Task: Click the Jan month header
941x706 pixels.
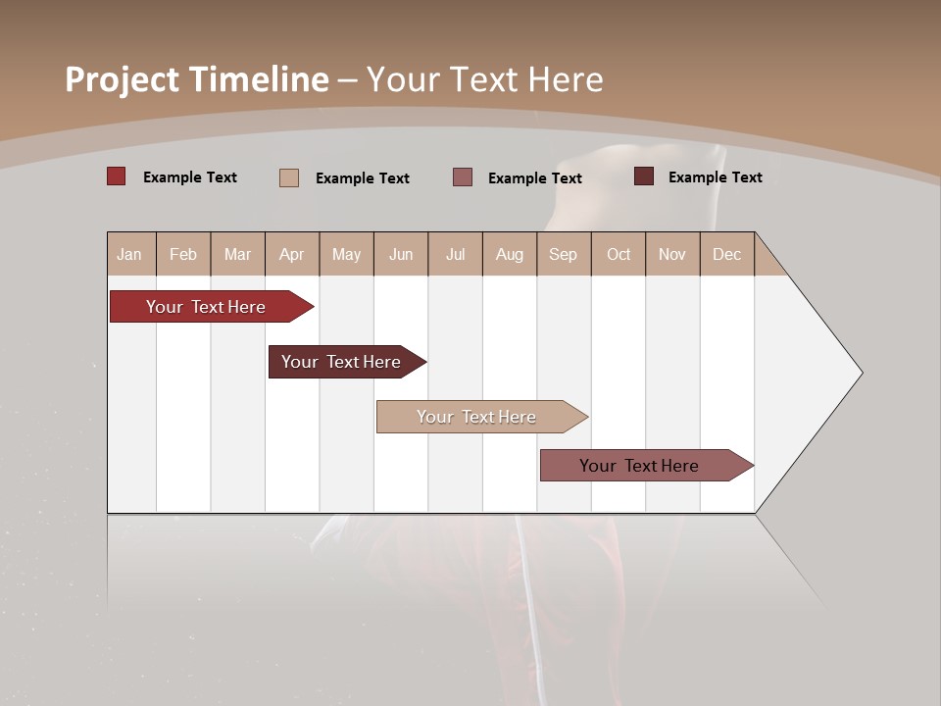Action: tap(129, 254)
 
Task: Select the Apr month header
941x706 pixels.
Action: tap(292, 254)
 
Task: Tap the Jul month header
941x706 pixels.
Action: tap(455, 254)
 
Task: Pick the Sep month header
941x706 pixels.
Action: tap(563, 254)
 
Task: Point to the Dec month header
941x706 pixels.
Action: tap(726, 254)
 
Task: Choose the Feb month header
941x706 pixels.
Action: tap(183, 254)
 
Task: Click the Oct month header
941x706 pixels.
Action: tap(619, 254)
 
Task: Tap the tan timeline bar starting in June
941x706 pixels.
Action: tap(477, 417)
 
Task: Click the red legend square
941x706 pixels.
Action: tap(116, 176)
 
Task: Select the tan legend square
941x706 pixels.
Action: tap(289, 177)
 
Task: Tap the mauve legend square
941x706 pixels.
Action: tap(463, 177)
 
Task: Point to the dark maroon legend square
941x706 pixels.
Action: tap(644, 176)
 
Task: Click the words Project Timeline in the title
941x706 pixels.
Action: tap(196, 79)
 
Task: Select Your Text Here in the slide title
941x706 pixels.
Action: tap(485, 79)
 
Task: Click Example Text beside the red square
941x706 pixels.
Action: tap(190, 177)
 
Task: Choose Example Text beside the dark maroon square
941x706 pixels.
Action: tap(716, 177)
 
